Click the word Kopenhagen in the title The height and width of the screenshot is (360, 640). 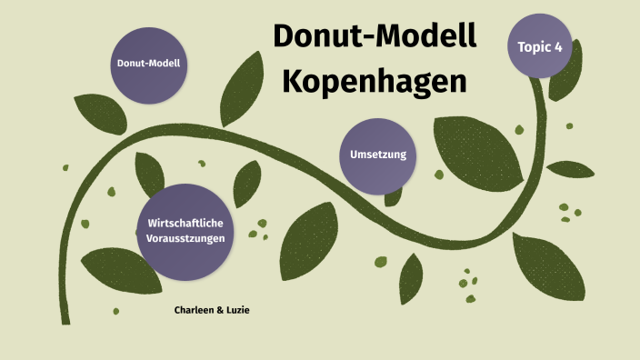[375, 80]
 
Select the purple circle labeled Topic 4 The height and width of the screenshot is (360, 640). [540, 45]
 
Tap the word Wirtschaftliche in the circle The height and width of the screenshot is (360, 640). [185, 223]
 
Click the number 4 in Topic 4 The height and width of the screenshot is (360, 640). [558, 45]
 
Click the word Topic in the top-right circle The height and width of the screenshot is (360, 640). [534, 45]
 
